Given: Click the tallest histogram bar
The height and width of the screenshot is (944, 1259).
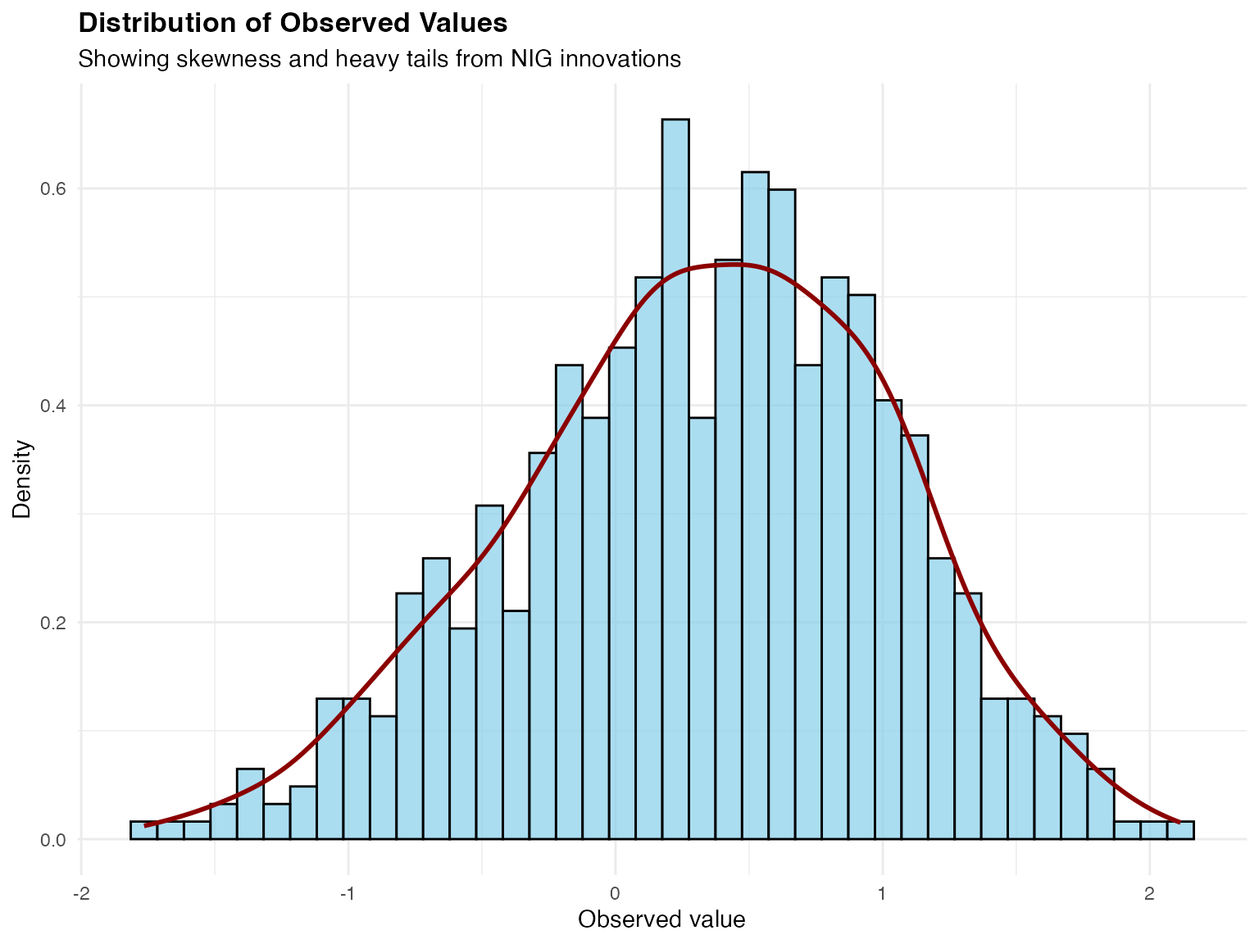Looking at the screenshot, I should (x=675, y=479).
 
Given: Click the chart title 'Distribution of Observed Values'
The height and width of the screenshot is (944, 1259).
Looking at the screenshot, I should (x=293, y=23).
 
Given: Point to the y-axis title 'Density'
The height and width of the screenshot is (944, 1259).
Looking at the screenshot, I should (x=22, y=479).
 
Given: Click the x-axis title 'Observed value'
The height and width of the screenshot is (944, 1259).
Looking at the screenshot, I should (x=661, y=919).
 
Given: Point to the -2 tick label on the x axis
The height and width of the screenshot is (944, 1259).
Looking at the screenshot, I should (x=80, y=893).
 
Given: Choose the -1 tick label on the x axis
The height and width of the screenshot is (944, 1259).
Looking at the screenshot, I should (x=348, y=893).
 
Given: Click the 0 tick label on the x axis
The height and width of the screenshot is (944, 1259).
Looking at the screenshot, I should (x=615, y=893).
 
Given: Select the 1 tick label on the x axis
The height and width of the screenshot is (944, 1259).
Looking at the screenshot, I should (x=882, y=893).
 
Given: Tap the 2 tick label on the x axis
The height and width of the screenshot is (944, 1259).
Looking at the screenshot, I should (x=1149, y=893).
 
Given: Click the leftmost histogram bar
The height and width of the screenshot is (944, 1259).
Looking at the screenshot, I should (x=143, y=831).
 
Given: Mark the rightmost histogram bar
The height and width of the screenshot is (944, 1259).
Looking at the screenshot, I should (x=1180, y=831).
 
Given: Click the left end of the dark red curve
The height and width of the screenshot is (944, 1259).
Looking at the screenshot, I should (x=146, y=825).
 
